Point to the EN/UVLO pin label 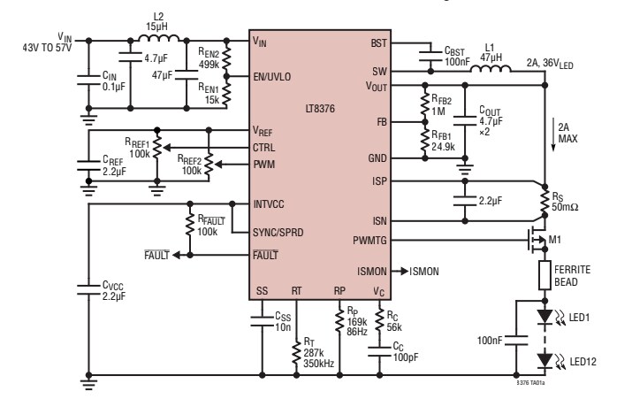point(273,77)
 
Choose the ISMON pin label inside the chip point(371,269)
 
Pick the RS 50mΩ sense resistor point(538,199)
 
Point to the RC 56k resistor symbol point(381,318)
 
